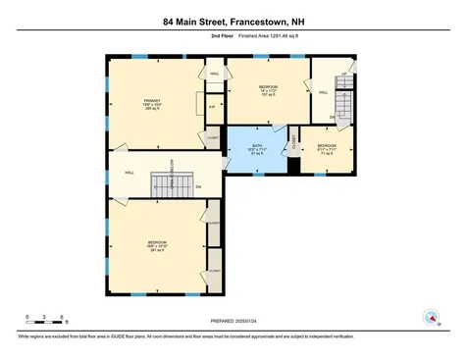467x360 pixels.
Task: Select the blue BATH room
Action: point(258,150)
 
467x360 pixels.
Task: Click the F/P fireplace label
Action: point(212,107)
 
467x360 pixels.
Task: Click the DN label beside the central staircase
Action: point(197,186)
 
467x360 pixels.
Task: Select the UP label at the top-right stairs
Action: point(345,75)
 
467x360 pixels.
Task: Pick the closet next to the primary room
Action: point(213,138)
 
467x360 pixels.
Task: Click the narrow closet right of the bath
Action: point(294,143)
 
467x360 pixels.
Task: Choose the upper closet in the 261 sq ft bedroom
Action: point(213,222)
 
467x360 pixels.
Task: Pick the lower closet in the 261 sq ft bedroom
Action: point(213,268)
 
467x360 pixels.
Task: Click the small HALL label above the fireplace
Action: point(214,74)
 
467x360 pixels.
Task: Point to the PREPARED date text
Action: point(233,321)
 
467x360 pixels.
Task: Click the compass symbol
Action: point(429,317)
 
